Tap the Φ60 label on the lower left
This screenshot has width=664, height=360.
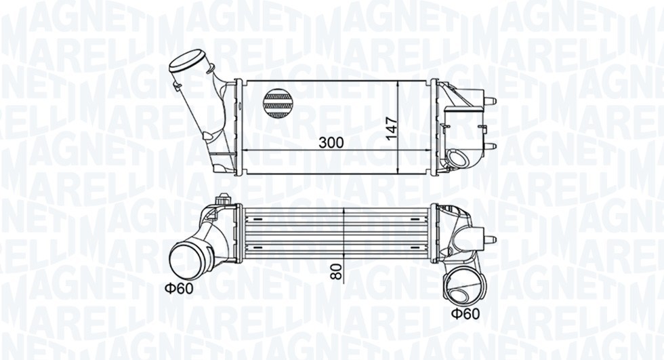179,287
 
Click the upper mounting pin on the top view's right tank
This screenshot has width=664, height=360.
491,102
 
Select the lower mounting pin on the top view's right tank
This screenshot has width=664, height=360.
491,146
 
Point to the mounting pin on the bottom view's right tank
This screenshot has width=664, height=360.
490,239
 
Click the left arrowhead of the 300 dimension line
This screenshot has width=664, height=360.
246,150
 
